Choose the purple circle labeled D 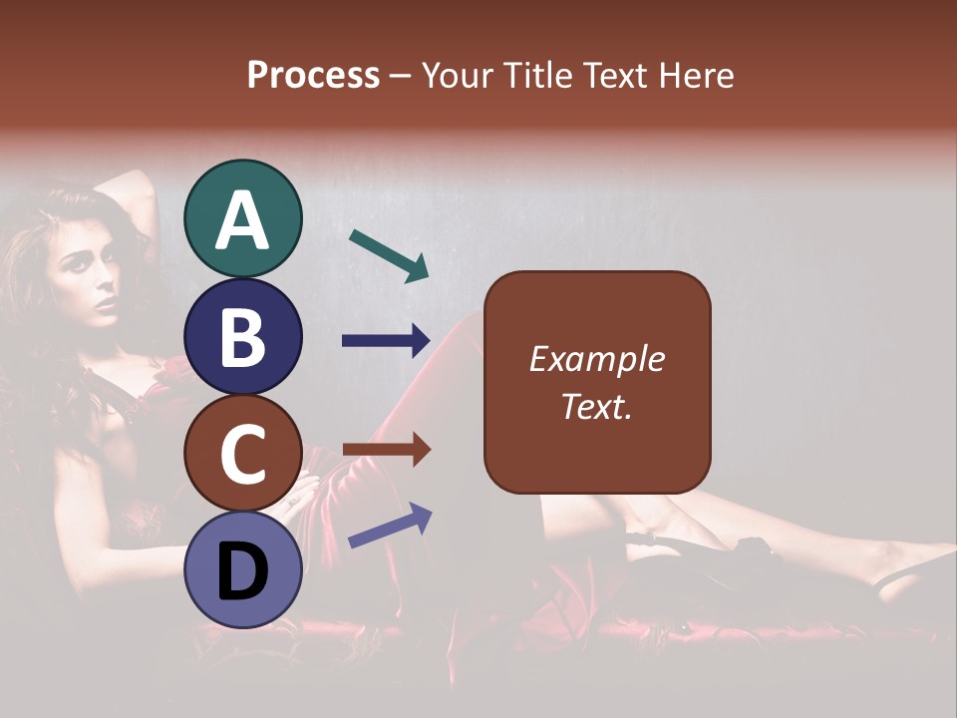(243, 569)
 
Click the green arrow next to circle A (389, 255)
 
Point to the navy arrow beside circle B (386, 341)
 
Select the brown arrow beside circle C (386, 450)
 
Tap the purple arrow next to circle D (390, 526)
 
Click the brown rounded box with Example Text (597, 382)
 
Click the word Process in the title (313, 75)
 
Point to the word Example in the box (597, 359)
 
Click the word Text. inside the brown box (597, 406)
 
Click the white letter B (243, 336)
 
